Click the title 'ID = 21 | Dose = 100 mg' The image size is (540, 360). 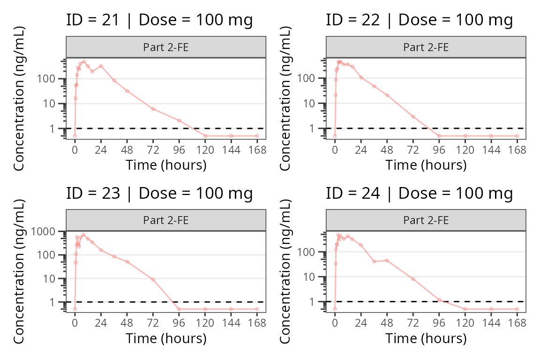[159, 20]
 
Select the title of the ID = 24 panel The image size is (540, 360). [419, 194]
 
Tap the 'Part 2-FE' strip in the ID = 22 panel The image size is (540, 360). [426, 47]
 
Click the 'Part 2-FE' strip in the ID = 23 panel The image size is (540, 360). [166, 220]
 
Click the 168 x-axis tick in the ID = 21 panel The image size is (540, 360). [257, 150]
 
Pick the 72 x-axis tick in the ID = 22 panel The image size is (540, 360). [413, 150]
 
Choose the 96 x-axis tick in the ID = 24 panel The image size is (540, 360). [439, 323]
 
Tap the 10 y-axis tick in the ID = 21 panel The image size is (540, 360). [55, 104]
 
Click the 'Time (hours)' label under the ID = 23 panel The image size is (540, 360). [166, 338]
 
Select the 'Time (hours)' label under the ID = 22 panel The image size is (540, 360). [426, 165]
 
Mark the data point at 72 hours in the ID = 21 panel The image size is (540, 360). [153, 109]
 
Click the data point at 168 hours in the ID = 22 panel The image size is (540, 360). [517, 136]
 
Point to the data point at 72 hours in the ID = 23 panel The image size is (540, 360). [153, 279]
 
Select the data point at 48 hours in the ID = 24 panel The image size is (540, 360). [387, 261]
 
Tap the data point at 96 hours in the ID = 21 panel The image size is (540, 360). [179, 120]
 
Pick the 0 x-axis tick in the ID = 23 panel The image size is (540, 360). [75, 323]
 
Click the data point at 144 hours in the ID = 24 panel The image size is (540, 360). [491, 309]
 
